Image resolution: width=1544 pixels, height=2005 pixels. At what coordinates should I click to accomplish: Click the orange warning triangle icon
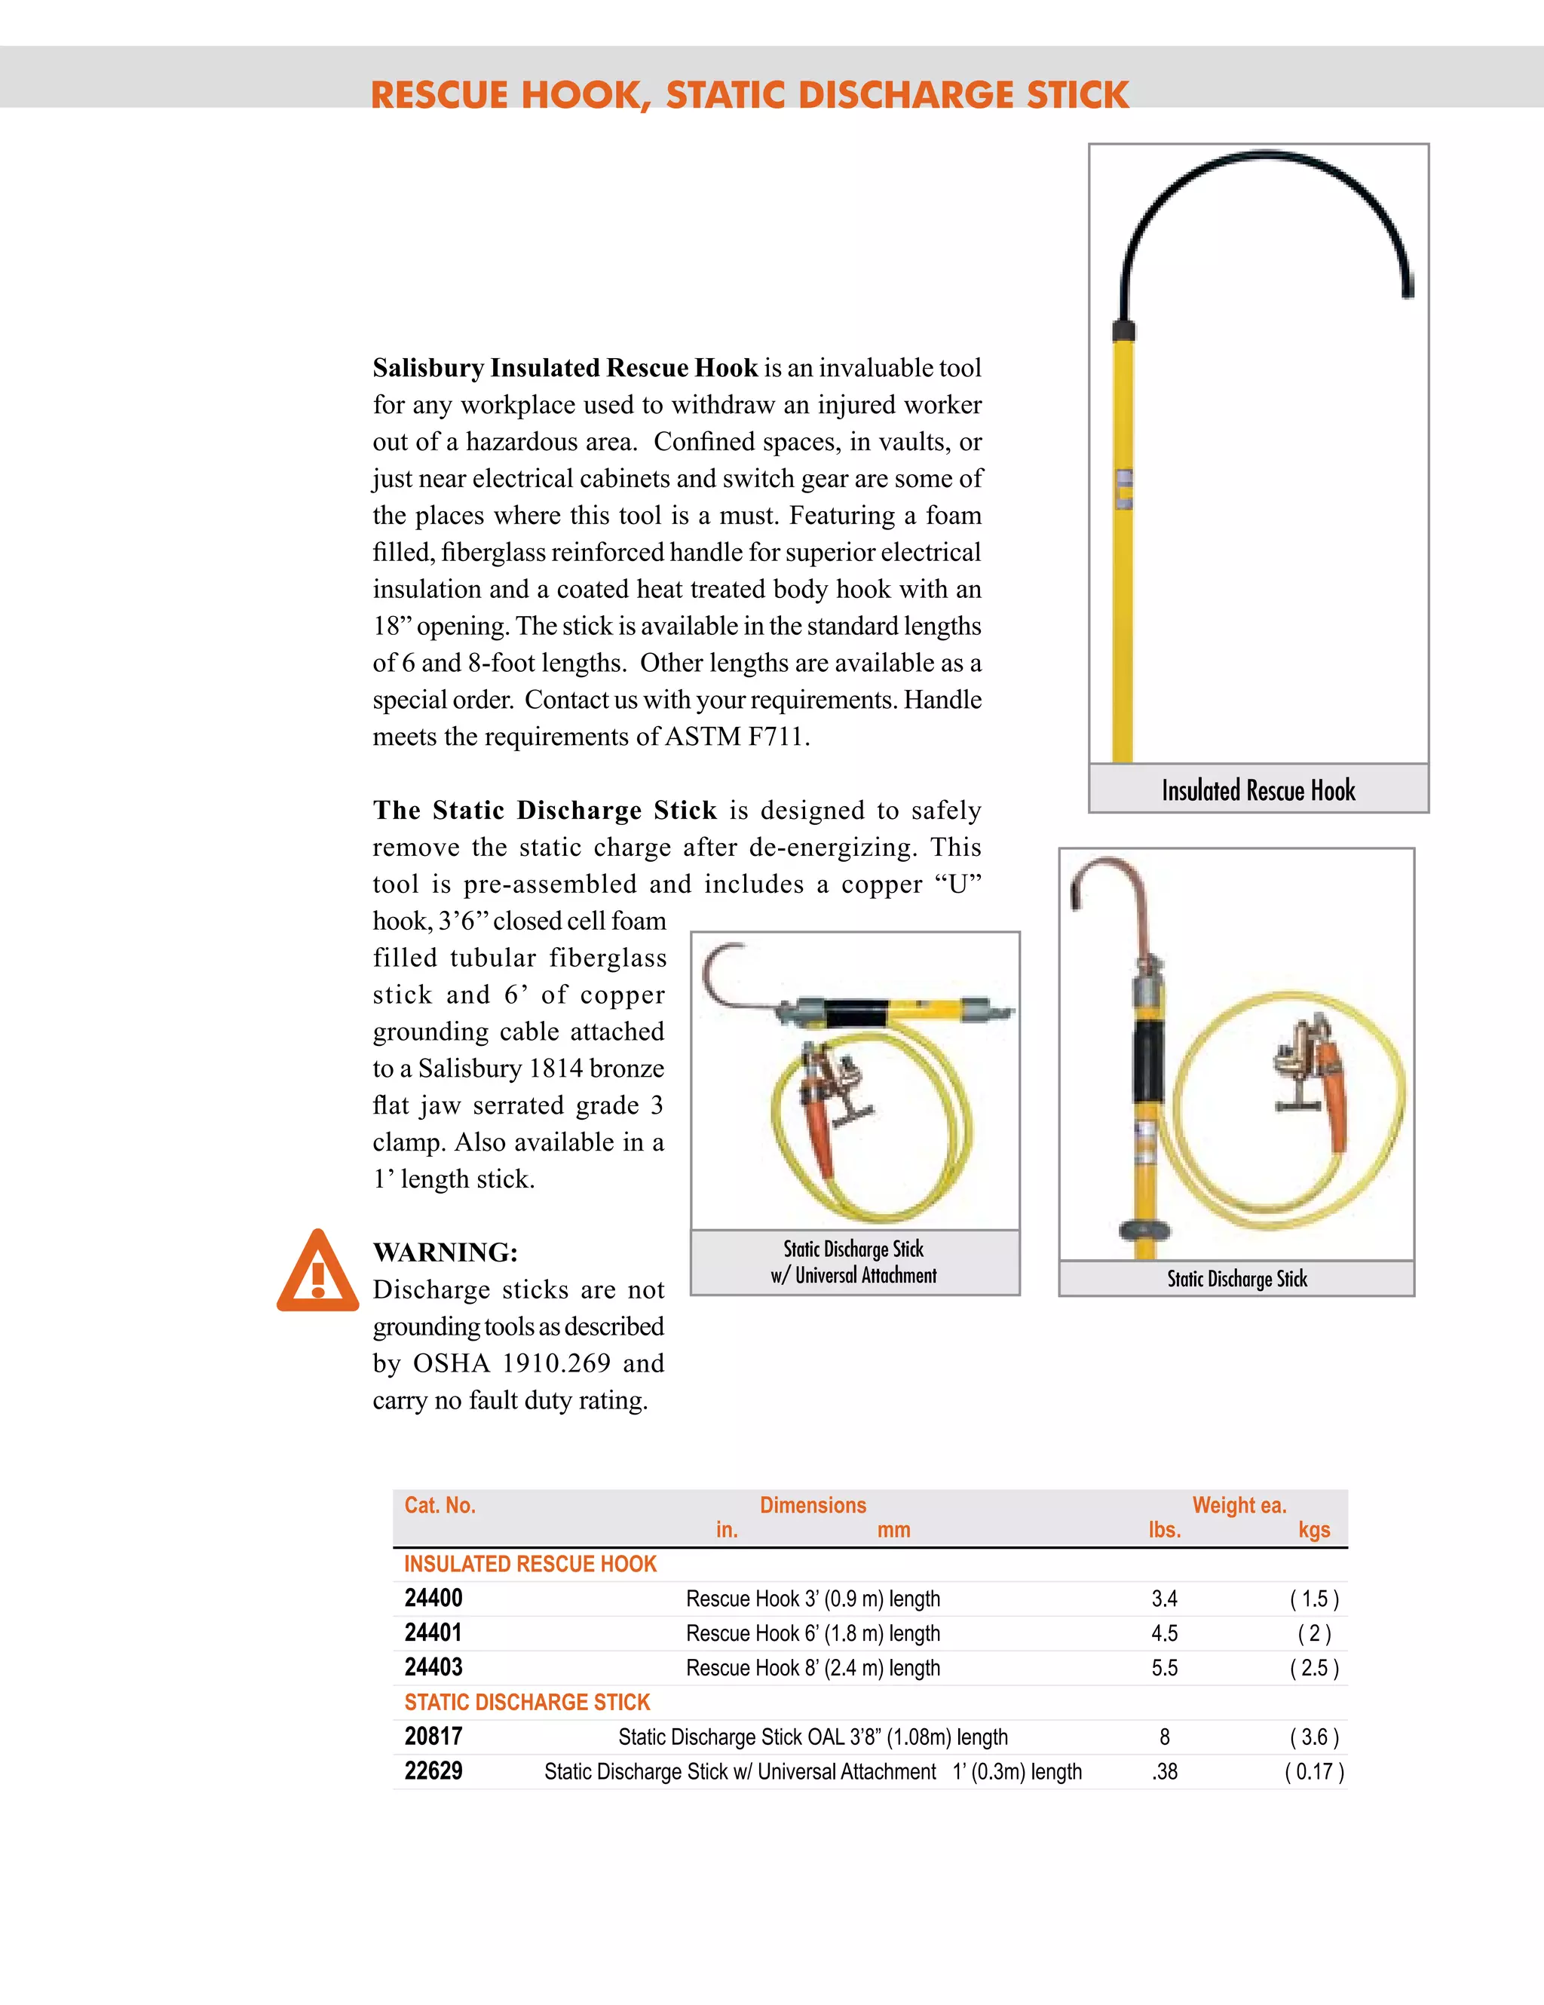(317, 1274)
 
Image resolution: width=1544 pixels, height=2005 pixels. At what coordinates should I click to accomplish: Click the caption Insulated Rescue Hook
(1258, 790)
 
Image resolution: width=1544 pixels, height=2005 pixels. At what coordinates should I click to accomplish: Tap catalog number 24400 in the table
(433, 1599)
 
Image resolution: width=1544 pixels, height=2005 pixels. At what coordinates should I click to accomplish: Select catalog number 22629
(433, 1771)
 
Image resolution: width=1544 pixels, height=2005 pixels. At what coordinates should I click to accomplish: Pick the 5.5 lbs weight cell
(1164, 1668)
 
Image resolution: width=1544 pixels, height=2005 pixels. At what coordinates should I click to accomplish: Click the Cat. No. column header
(440, 1504)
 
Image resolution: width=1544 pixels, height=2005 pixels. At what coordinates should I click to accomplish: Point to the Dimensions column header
(813, 1504)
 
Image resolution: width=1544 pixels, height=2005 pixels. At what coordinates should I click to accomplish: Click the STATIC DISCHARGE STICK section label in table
(527, 1702)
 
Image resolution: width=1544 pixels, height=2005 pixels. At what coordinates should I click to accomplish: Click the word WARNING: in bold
(446, 1252)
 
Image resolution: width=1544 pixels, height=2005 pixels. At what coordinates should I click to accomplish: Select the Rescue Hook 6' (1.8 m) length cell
(813, 1633)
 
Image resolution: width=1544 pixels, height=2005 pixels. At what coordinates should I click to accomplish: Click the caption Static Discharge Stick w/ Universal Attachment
(853, 1262)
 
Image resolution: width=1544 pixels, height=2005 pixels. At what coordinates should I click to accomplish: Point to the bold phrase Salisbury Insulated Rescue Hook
(565, 368)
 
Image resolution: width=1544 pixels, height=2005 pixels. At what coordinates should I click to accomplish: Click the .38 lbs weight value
(1164, 1772)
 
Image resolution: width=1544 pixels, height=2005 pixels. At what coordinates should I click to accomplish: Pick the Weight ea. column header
(1239, 1504)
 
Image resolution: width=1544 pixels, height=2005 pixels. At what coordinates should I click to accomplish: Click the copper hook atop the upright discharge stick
(1115, 881)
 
